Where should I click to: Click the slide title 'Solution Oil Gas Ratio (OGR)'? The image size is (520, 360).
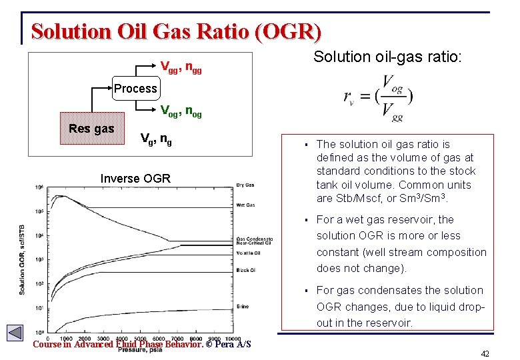coord(176,31)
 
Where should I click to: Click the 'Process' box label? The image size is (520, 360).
coord(135,88)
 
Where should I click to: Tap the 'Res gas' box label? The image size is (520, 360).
coord(91,129)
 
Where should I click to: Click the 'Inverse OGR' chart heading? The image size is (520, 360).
coord(135,178)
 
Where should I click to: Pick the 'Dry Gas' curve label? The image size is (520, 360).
coord(245,185)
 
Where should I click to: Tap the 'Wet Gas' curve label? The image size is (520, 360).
coord(245,205)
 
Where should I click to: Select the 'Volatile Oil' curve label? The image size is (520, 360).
coord(248,253)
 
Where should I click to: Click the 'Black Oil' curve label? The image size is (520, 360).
coord(246,270)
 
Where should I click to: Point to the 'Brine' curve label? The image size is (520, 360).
coord(243,306)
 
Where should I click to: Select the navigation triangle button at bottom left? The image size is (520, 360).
coord(15,333)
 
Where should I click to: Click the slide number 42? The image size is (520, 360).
coord(485,353)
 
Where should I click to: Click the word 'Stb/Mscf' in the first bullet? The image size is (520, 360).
coord(341,199)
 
